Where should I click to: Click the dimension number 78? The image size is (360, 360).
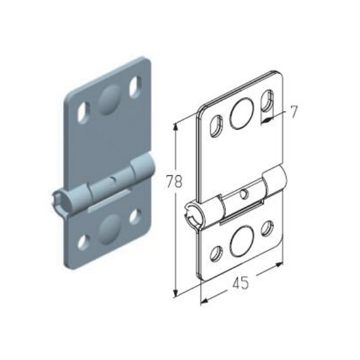click(174, 182)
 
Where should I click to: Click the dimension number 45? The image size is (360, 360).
click(241, 283)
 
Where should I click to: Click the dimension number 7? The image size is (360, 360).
click(293, 112)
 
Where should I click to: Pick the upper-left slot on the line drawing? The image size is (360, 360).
click(216, 126)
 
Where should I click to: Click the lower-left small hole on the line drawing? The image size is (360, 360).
click(217, 254)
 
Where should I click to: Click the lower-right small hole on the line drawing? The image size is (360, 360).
click(268, 228)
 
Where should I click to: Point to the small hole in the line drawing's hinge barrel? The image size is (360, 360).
click(244, 194)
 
